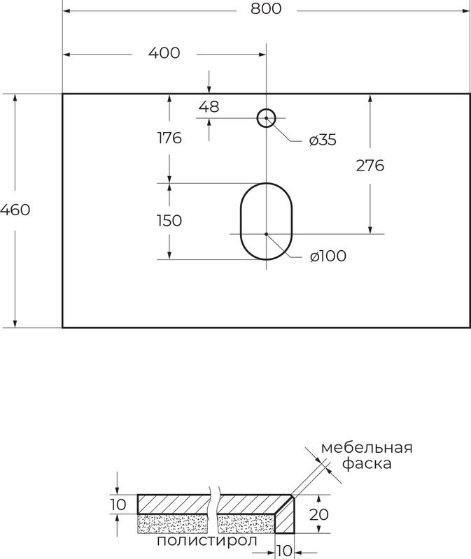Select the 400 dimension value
point(164,53)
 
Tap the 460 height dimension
point(15,210)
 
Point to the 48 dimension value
point(209,107)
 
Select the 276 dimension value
point(370,166)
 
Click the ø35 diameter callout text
point(323,140)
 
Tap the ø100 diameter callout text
point(328,256)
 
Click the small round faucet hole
point(266,118)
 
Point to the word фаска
point(367,464)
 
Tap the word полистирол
point(207,540)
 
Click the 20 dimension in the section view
point(319,514)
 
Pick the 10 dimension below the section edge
point(283,551)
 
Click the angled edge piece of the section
point(288,515)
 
